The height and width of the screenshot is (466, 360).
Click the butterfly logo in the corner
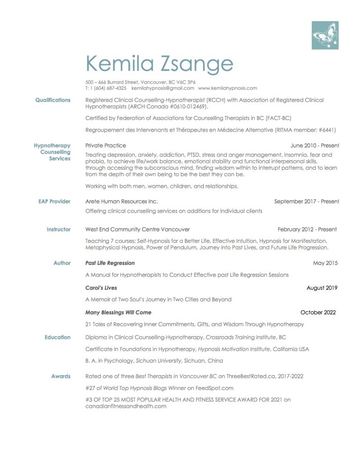[325, 36]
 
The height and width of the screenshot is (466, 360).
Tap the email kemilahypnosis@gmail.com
[163, 88]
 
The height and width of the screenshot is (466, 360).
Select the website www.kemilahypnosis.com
[227, 88]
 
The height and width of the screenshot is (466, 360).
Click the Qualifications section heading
[53, 100]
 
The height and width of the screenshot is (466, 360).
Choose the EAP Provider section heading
[54, 202]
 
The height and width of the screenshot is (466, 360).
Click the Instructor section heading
[59, 230]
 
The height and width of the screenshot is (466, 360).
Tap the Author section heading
[62, 263]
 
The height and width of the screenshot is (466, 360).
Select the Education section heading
[58, 338]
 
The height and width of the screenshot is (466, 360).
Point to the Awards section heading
[61, 376]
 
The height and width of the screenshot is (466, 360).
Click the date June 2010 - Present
[315, 145]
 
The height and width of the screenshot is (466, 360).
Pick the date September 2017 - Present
[307, 202]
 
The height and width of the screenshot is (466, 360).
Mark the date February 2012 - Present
[307, 230]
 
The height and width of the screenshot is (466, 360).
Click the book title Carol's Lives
[101, 288]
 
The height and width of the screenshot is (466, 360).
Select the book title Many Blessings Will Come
[118, 312]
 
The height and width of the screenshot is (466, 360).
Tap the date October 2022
[318, 312]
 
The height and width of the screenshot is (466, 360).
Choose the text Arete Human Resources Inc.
[121, 202]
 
